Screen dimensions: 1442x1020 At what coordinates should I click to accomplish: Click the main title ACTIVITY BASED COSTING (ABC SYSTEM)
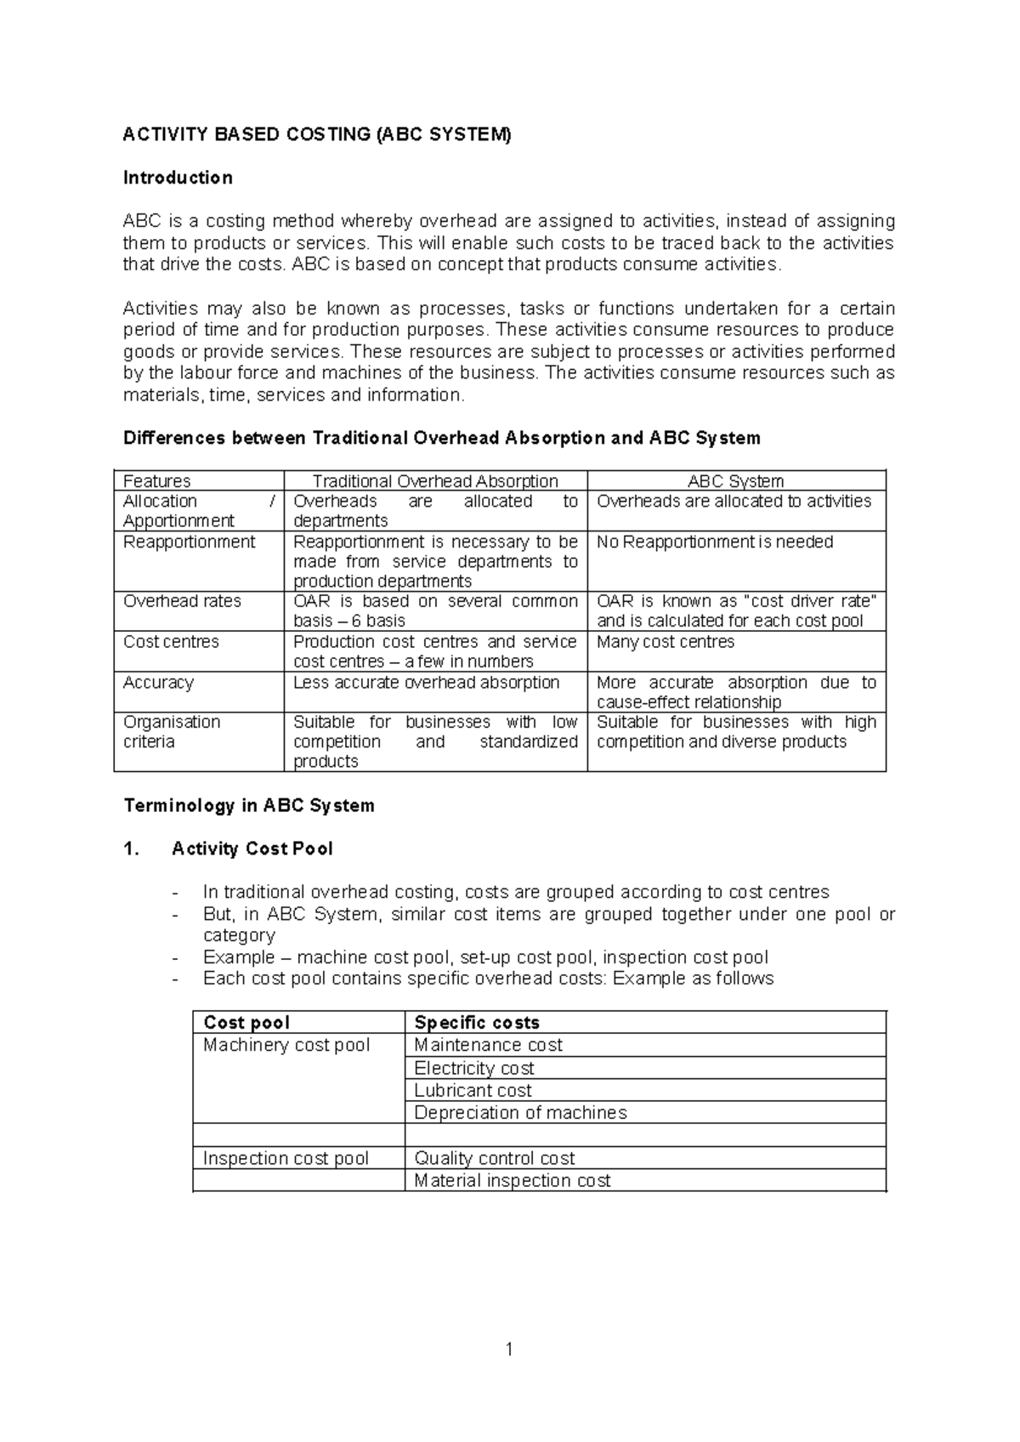point(317,134)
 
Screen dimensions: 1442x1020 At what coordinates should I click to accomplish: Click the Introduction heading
point(178,178)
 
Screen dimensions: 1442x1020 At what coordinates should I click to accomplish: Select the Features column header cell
point(157,481)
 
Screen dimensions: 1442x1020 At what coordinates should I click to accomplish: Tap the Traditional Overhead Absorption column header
point(435,481)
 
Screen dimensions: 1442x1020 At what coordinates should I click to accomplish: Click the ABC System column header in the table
point(735,481)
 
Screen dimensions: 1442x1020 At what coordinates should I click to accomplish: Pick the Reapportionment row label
point(189,542)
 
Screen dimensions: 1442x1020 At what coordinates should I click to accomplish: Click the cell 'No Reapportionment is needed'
point(715,542)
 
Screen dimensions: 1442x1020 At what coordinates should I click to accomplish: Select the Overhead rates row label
point(182,601)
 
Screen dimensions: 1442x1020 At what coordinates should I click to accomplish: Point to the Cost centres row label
point(171,642)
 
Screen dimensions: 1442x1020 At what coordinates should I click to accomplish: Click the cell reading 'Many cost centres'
point(666,642)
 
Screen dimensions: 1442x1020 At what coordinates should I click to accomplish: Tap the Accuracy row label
point(158,683)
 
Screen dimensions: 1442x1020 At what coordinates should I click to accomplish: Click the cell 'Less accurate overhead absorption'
point(426,683)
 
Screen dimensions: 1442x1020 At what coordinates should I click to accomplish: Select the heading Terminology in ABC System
point(249,805)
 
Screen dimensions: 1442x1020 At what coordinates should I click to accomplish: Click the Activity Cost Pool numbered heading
point(252,849)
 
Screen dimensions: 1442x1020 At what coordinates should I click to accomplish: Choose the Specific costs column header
point(476,1023)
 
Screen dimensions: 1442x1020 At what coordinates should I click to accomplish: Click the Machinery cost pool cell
point(286,1045)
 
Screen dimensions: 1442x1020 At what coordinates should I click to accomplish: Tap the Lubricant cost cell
point(473,1090)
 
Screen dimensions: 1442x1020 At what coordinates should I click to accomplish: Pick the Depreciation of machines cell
point(520,1112)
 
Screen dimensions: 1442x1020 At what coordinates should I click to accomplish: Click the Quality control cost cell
point(494,1158)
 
